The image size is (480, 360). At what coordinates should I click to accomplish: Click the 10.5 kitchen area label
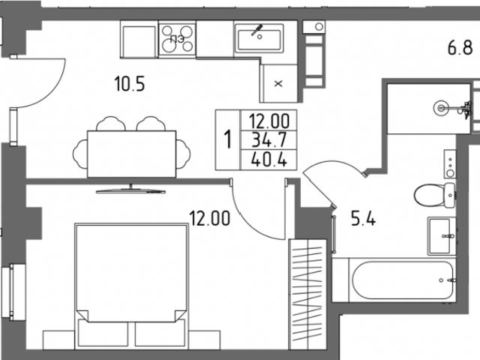(130, 84)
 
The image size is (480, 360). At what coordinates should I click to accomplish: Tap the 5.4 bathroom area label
(363, 218)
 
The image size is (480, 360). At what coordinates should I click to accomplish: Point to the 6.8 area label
(460, 48)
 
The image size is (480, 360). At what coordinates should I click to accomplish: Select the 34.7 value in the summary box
(269, 140)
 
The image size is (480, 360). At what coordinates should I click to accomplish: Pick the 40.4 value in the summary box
(269, 159)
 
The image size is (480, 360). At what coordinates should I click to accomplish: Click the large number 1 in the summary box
(227, 139)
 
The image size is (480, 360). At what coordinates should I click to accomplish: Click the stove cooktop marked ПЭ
(177, 39)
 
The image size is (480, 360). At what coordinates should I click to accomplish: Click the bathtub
(402, 280)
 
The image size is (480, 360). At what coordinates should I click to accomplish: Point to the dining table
(132, 154)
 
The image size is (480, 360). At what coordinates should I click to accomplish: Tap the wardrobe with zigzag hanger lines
(307, 294)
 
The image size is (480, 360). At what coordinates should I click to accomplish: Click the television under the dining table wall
(130, 190)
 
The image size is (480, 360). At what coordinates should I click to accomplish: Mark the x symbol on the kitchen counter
(278, 83)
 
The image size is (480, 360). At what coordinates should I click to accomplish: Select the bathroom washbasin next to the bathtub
(442, 236)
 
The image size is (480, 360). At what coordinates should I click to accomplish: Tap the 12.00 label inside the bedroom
(210, 218)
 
